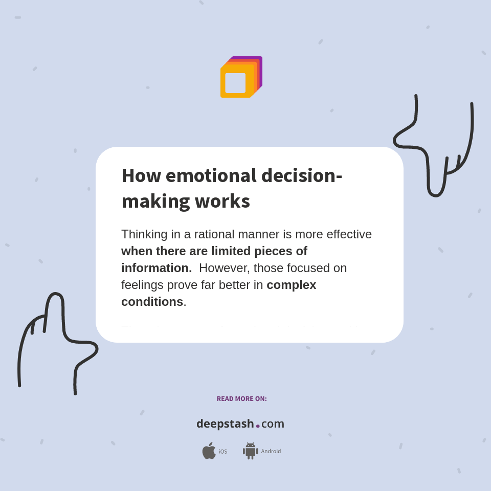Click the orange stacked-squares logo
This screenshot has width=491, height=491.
240,77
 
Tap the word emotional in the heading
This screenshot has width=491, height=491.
211,175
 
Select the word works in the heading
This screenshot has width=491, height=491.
222,201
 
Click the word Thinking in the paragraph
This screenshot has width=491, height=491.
144,234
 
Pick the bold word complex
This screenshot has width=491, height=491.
292,285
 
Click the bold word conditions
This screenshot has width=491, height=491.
152,302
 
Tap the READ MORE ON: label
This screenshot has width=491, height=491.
241,399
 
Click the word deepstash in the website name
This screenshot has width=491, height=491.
225,424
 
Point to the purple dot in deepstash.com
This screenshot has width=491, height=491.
258,426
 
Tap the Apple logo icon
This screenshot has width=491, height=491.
209,451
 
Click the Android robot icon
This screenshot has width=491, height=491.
250,451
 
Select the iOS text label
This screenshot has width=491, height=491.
223,452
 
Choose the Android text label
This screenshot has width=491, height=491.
271,452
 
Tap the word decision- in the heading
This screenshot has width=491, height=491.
301,175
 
